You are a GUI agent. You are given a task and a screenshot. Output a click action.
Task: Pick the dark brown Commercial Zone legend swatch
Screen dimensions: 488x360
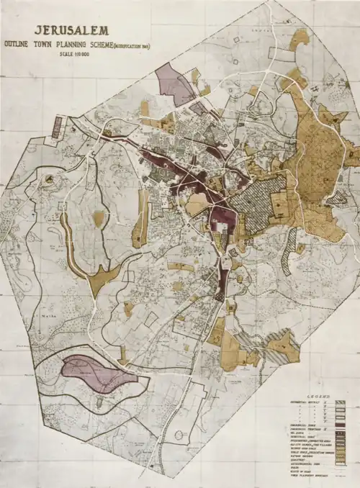pos(341,420)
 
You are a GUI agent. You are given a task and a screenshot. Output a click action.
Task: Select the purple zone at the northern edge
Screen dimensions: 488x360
pos(173,83)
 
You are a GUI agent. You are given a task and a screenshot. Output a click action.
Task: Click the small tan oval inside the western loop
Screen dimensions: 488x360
pos(99,218)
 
